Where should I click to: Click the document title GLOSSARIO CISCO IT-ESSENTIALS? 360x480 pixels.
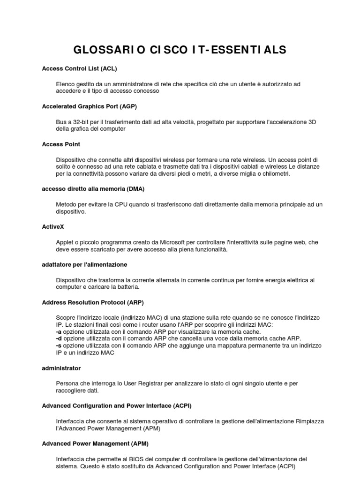coord(180,50)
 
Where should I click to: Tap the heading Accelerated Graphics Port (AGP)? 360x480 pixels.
coord(89,106)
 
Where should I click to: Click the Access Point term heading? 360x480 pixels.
coord(61,144)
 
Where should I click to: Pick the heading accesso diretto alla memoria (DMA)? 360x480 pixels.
coord(93,189)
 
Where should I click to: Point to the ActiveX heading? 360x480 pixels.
coord(52,227)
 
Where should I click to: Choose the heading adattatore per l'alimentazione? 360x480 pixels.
coord(84,265)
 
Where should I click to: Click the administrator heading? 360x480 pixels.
coord(61,368)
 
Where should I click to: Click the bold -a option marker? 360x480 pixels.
coord(58,332)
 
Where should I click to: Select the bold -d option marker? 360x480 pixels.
coord(58,339)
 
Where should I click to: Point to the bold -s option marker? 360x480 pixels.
coord(58,346)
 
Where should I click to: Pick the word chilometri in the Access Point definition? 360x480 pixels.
coord(275,174)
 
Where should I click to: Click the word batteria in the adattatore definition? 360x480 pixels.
coord(128,287)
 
